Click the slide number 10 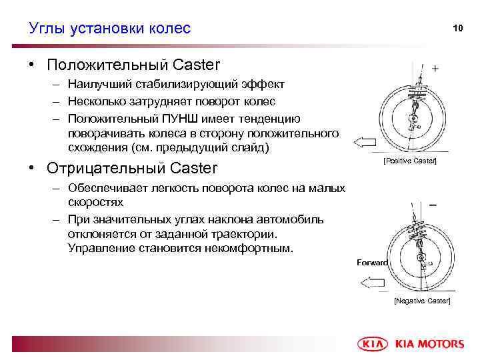pos(457,28)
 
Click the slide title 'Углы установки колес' pos(110,28)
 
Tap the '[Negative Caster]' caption pos(422,301)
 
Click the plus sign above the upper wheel pos(435,69)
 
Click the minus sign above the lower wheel pos(434,205)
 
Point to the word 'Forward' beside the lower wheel pos(372,263)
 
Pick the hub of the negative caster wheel pos(421,257)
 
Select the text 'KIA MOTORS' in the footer pos(429,344)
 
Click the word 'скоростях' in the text pos(95,201)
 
